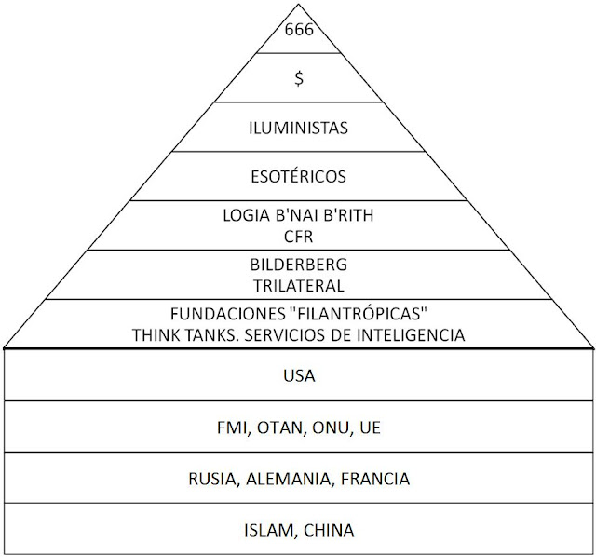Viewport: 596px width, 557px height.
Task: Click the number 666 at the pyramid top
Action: tap(299, 30)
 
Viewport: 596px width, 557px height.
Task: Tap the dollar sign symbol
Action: tap(299, 78)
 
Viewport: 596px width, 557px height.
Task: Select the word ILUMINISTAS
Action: tap(298, 129)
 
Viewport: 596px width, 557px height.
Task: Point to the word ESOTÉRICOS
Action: tap(298, 176)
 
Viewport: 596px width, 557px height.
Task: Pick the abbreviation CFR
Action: tap(298, 237)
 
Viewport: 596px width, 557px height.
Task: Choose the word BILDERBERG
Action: tap(298, 265)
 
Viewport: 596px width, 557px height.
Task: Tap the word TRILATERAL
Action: tap(298, 286)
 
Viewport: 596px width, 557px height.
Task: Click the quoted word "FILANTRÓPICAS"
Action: tap(359, 314)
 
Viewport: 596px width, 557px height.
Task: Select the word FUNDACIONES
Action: tap(227, 314)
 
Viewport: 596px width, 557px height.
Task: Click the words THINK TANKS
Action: tap(186, 335)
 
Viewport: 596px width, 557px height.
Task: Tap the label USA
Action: tap(299, 375)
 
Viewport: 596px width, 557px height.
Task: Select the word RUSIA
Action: tap(214, 479)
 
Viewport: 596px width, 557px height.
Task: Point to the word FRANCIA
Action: tap(375, 479)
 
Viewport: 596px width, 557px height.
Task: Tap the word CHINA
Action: tap(329, 530)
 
